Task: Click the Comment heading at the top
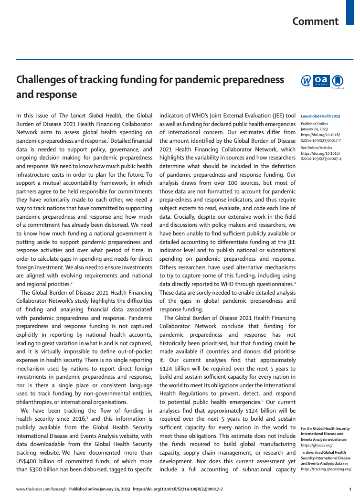pyautogui.click(x=316, y=21)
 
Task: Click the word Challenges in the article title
pyautogui.click(x=43, y=80)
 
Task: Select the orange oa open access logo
pyautogui.click(x=322, y=80)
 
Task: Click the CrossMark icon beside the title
pyautogui.click(x=338, y=81)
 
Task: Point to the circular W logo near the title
pyautogui.click(x=306, y=81)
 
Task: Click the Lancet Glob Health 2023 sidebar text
pyautogui.click(x=320, y=116)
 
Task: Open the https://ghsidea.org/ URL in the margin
pyautogui.click(x=317, y=445)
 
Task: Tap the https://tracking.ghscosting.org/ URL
pyautogui.click(x=326, y=469)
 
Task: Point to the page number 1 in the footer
pyautogui.click(x=350, y=489)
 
